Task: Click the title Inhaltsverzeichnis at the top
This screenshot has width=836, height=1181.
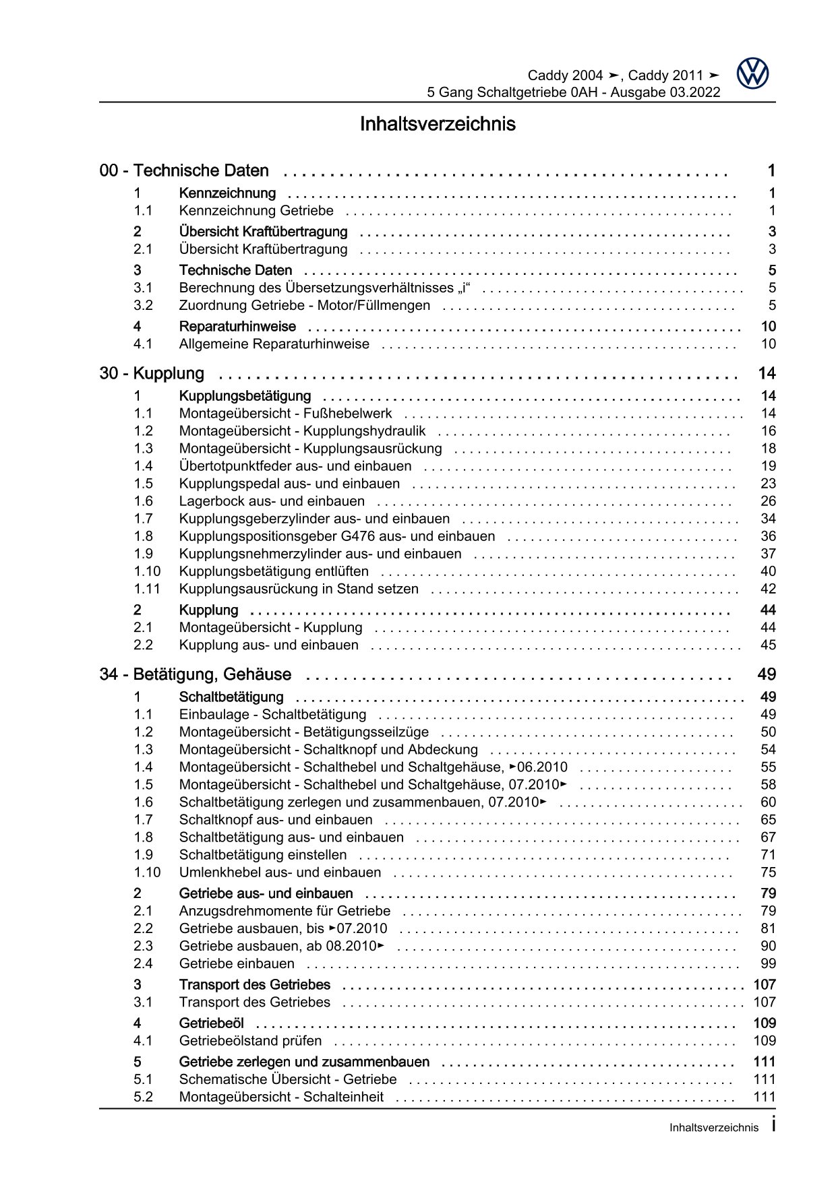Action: (x=438, y=124)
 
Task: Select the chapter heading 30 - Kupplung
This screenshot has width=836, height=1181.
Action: (x=152, y=373)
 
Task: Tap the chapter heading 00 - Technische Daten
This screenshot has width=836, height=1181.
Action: (x=184, y=170)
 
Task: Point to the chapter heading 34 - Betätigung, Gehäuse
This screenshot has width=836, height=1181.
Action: (x=196, y=674)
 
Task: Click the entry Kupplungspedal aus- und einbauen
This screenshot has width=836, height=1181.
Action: (x=289, y=484)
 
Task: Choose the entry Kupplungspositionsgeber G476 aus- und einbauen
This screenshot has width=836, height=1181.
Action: (x=336, y=536)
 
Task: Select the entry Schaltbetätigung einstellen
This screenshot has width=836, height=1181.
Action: (x=263, y=855)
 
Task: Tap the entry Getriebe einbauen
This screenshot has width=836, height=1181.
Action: (x=237, y=963)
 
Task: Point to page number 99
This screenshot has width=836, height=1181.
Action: (x=768, y=963)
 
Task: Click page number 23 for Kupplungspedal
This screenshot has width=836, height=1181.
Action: (x=768, y=484)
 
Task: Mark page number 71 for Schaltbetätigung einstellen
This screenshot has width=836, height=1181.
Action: (x=768, y=855)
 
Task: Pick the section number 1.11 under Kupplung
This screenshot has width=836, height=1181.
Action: (x=147, y=589)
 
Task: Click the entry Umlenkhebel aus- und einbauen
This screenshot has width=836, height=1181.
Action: (x=280, y=872)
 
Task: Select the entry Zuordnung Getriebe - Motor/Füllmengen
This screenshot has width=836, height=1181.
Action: (x=304, y=305)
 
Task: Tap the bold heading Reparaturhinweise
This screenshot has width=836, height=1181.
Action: (x=237, y=327)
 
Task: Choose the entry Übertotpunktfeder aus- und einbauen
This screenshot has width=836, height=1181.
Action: (x=295, y=466)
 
